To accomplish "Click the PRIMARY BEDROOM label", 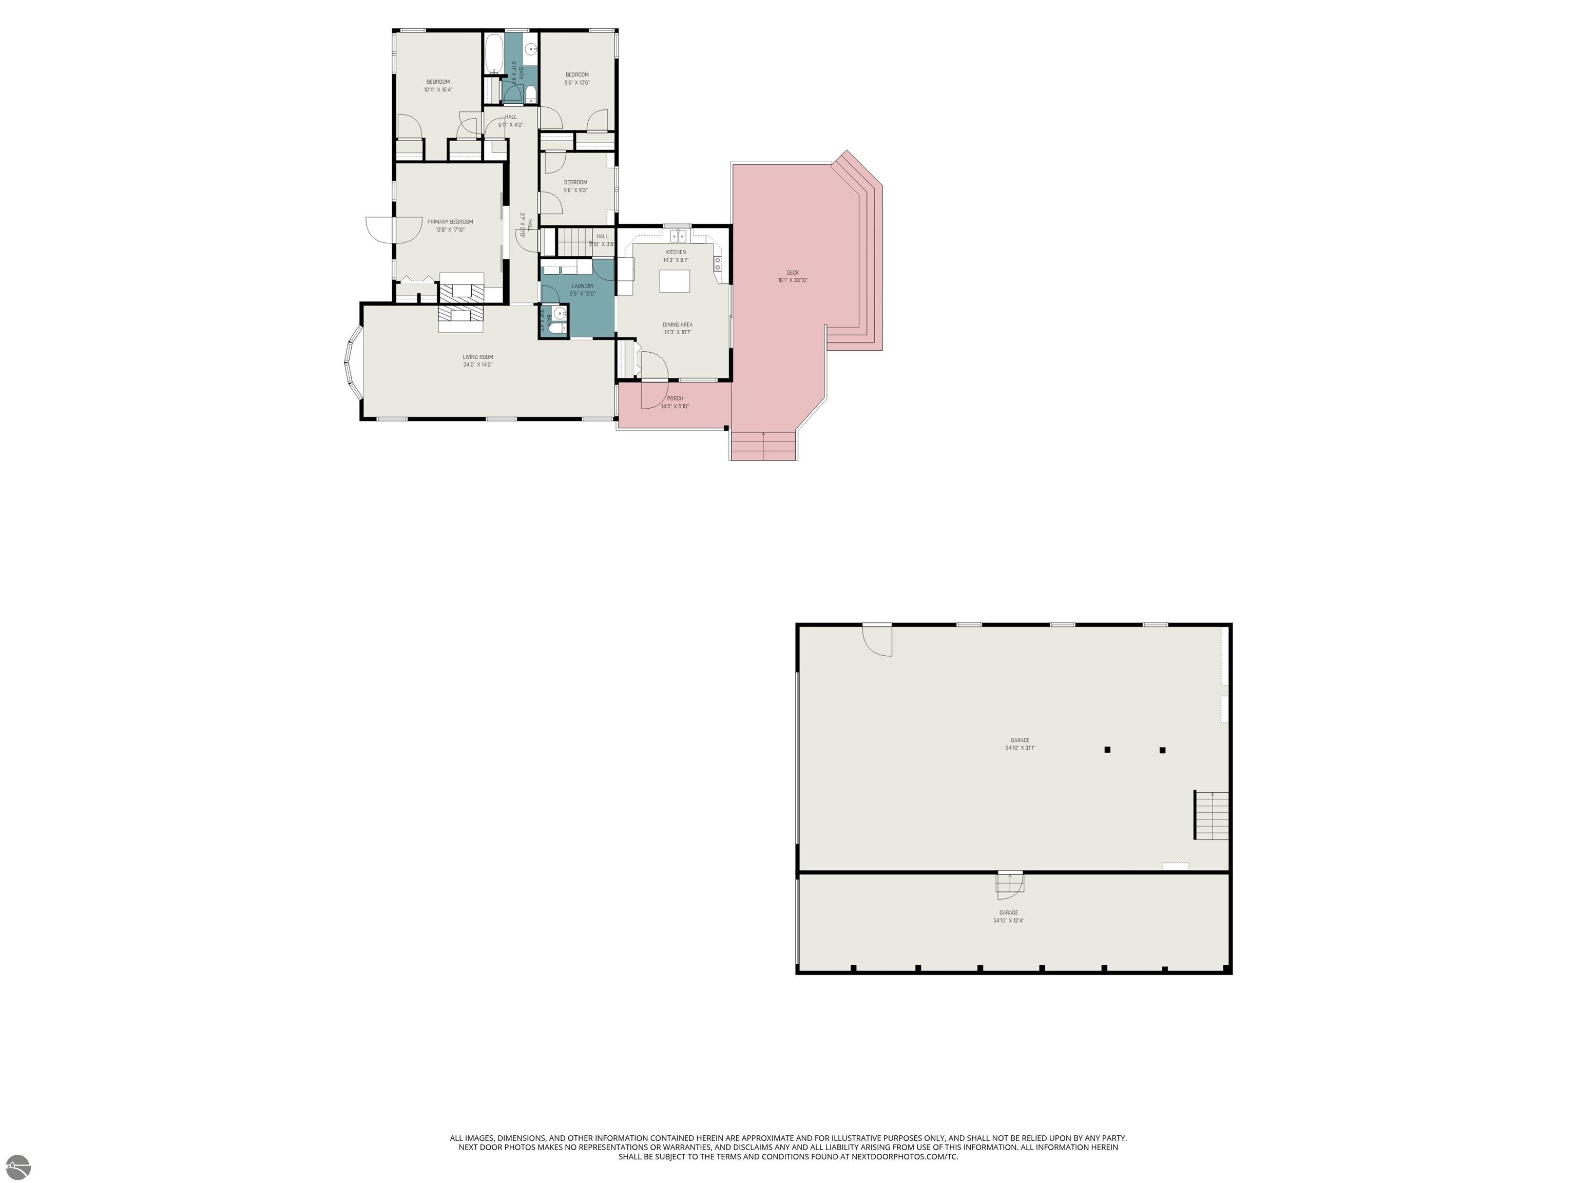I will pyautogui.click(x=450, y=222).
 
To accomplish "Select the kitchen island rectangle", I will pyautogui.click(x=675, y=281).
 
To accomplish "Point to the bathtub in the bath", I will pyautogui.click(x=493, y=52).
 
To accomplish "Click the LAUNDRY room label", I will pyautogui.click(x=583, y=286).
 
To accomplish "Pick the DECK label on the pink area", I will pyautogui.click(x=793, y=273).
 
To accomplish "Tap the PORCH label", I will pyautogui.click(x=675, y=398).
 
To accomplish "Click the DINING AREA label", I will pyautogui.click(x=677, y=325).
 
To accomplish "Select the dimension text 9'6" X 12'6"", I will pyautogui.click(x=577, y=83).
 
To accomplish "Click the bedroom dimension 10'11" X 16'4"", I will pyautogui.click(x=438, y=90).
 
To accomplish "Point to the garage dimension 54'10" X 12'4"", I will pyautogui.click(x=1008, y=921).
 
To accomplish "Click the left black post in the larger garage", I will pyautogui.click(x=1107, y=750).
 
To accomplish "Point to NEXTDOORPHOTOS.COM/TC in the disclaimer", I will pyautogui.click(x=905, y=1157).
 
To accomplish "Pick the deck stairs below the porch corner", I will pyautogui.click(x=763, y=446).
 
